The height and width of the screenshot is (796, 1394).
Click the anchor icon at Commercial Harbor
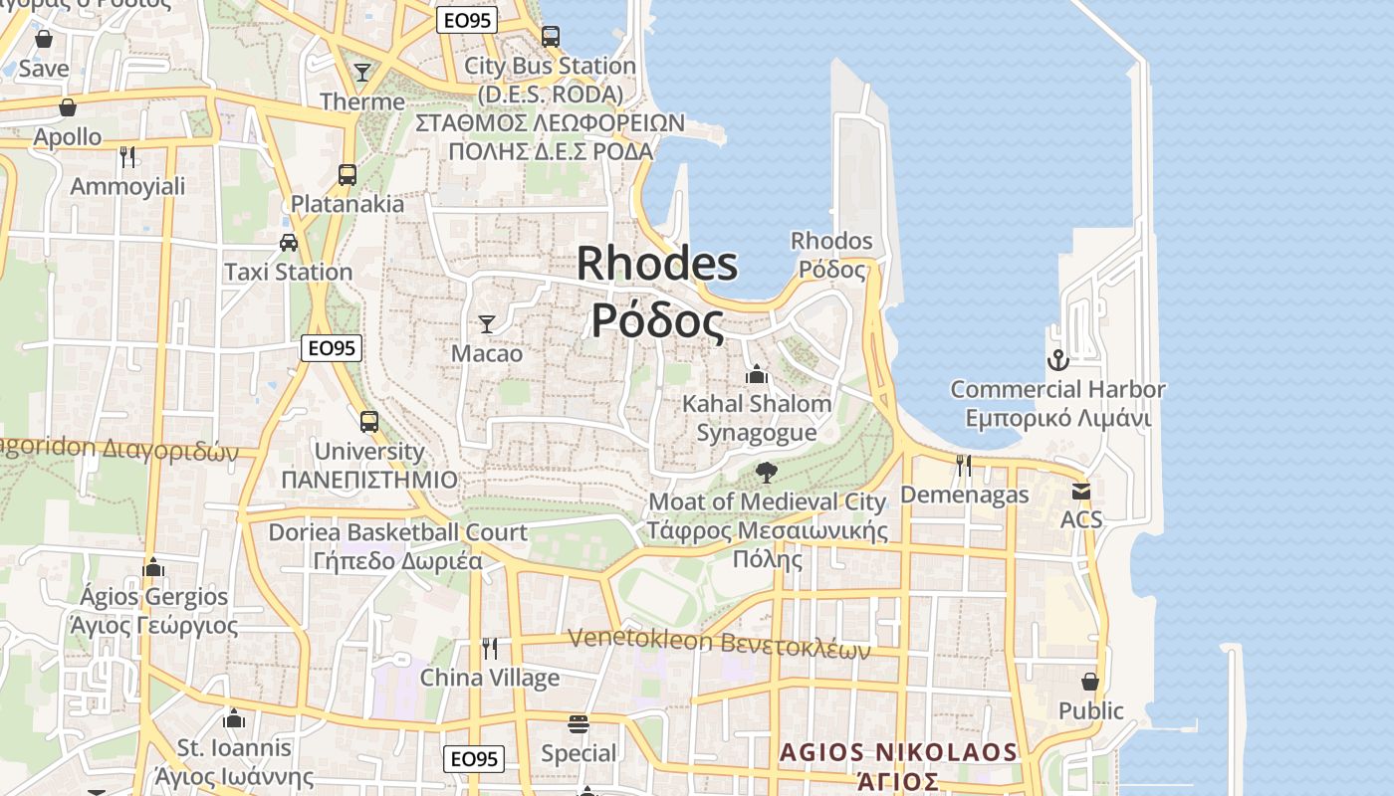click(1056, 359)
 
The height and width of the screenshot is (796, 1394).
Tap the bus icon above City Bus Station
click(551, 37)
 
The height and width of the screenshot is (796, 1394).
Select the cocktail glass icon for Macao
click(487, 323)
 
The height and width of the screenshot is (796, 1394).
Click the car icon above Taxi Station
click(289, 242)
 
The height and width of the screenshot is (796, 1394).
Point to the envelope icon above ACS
click(1081, 491)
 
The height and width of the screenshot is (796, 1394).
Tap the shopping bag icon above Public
click(1090, 682)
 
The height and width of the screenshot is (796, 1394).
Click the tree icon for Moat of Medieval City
click(766, 472)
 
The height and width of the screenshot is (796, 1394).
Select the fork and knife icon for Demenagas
click(963, 465)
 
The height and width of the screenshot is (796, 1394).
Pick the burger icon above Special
click(579, 723)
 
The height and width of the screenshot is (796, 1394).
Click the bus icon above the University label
click(369, 421)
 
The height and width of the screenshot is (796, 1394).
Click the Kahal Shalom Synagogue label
click(757, 418)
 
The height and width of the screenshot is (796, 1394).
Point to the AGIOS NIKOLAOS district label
click(899, 752)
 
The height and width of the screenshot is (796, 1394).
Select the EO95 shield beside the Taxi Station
click(331, 348)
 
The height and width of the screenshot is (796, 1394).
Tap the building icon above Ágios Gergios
click(153, 567)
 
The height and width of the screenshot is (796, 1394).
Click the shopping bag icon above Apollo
click(68, 107)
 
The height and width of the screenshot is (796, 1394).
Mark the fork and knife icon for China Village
click(489, 648)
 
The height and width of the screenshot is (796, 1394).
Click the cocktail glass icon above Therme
click(362, 73)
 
